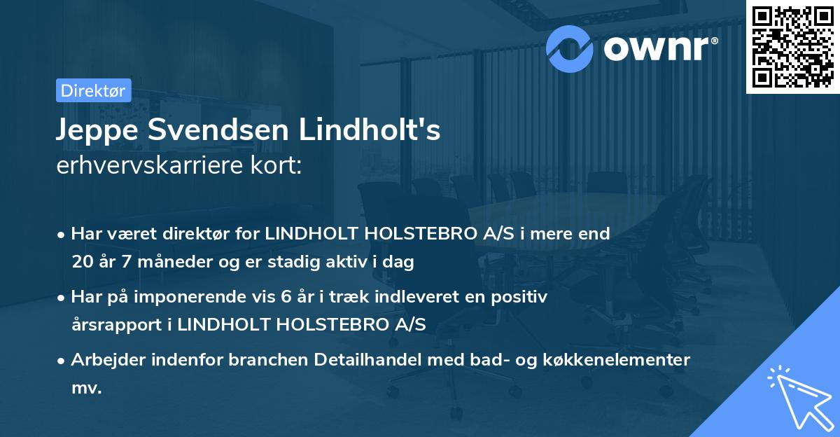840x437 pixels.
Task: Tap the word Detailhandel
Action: (360, 360)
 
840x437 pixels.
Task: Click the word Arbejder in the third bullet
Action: (105, 360)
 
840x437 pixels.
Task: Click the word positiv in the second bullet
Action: (524, 297)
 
